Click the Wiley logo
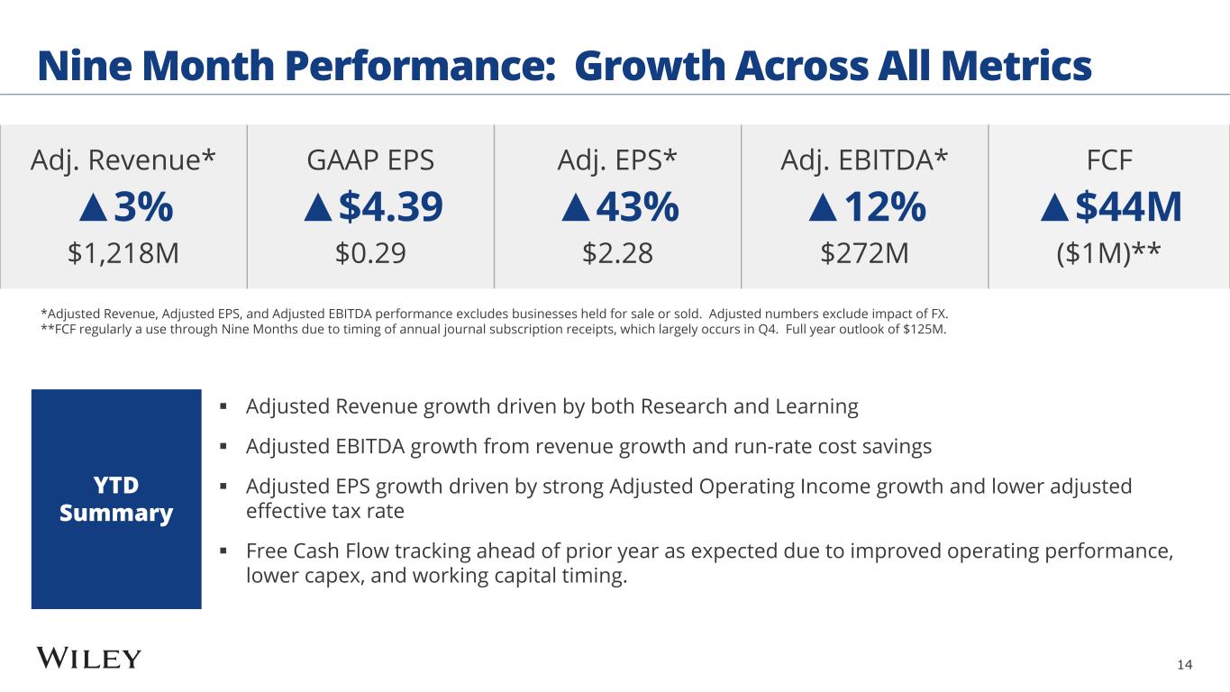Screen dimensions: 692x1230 coord(89,659)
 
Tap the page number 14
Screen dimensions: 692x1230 coord(1184,665)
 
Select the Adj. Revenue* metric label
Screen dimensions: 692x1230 coord(123,160)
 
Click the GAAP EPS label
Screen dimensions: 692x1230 coord(370,160)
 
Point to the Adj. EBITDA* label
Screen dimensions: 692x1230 coord(864,160)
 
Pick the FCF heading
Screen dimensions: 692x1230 coord(1109,160)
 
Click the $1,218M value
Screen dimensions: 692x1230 coord(123,254)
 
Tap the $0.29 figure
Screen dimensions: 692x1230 coord(370,254)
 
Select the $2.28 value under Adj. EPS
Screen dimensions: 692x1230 coord(617,254)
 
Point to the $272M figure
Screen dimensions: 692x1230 coord(864,254)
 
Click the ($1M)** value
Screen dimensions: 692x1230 coord(1109,254)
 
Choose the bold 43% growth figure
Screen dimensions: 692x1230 coord(634,208)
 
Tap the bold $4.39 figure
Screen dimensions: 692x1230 coord(390,208)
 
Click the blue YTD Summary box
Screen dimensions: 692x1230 coord(116,499)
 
